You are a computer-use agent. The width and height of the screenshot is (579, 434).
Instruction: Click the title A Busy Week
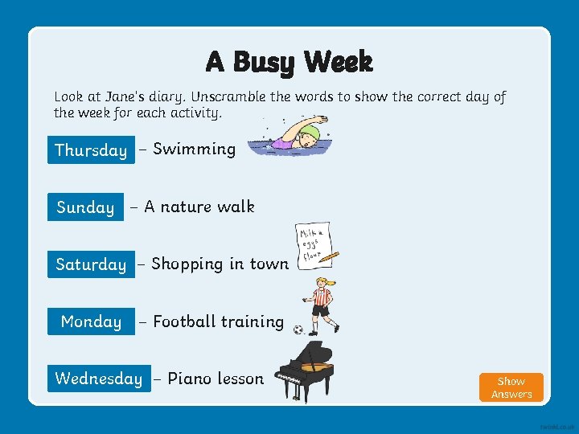coord(289,62)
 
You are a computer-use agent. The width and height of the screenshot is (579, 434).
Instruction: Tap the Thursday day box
coord(91,150)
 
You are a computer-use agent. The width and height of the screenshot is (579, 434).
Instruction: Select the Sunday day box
coord(85,207)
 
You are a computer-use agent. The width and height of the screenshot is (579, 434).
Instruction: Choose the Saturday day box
coord(91,264)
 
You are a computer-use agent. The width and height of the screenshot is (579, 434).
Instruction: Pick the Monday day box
coord(91,321)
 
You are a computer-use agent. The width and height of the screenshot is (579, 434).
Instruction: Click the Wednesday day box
coord(98,379)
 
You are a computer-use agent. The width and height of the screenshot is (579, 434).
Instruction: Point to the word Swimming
coord(194,149)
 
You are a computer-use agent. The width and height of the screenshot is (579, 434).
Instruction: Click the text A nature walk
coord(199,207)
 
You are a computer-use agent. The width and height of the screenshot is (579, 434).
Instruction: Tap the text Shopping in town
coord(220,264)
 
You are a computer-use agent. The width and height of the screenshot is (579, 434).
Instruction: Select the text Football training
coord(218,321)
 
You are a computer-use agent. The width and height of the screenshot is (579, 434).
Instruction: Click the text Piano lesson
coord(215,379)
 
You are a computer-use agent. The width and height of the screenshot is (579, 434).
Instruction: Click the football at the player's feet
coord(298,330)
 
